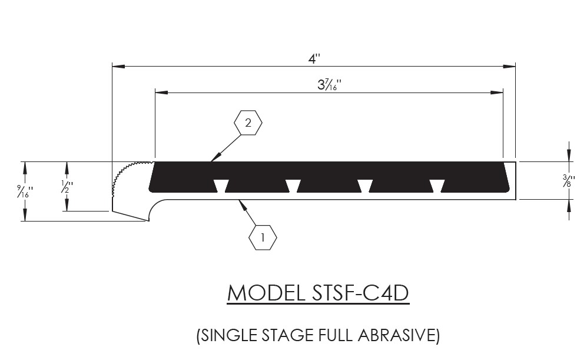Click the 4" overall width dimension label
315,58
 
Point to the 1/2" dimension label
66,187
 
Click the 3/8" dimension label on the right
568,181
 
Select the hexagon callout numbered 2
248,123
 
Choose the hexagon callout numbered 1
263,238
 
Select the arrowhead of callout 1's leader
240,203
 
